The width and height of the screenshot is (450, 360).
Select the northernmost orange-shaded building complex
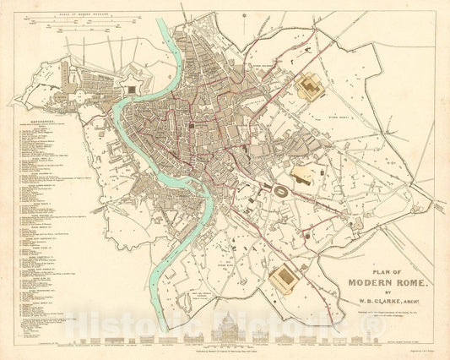pyautogui.click(x=309, y=85)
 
